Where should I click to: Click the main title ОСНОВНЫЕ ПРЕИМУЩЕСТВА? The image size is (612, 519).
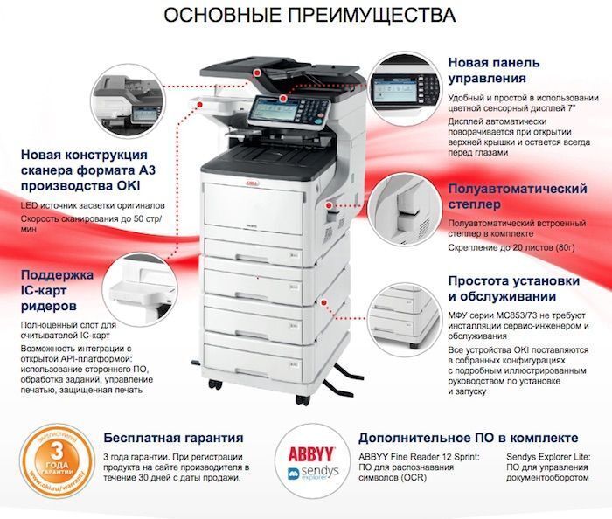point(309,15)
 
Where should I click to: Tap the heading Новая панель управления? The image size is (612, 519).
point(494,70)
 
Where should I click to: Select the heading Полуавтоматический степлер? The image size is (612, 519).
point(518,196)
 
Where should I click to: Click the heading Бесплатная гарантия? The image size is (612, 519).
point(173,438)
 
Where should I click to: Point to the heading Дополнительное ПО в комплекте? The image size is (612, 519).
point(469,438)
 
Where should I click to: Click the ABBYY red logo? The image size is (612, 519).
point(311,454)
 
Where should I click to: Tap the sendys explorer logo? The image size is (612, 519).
point(313,473)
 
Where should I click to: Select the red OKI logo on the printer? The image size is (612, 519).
point(253,183)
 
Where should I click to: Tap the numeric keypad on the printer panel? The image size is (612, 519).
point(312,110)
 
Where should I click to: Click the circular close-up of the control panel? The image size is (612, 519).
point(405,89)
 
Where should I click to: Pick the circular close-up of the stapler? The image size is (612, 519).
point(405,211)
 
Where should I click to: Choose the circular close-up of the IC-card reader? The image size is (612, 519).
point(142,289)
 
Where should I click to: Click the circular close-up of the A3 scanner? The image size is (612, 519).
point(128,100)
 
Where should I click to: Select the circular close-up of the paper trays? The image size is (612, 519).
point(405,320)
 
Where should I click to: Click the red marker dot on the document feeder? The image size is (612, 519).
point(257,73)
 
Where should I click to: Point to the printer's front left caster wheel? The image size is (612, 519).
point(215,384)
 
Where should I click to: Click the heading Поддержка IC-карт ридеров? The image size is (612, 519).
point(58,290)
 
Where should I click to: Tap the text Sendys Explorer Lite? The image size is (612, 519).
point(548,457)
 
